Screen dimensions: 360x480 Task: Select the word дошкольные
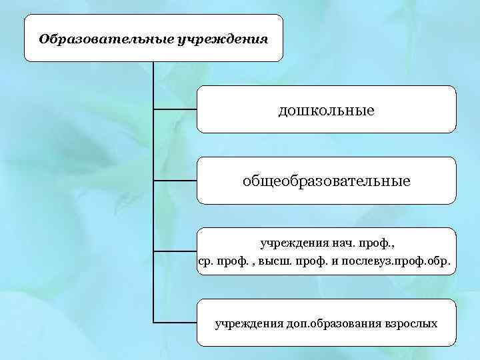point(326,109)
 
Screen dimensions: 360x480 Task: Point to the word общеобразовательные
point(326,180)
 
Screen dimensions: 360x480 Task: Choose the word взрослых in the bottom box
point(410,324)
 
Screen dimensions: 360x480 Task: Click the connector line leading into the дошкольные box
point(175,109)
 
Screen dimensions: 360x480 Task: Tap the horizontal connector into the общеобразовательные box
point(175,180)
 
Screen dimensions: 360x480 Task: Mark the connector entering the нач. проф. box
point(175,251)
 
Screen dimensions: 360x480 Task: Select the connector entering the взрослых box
point(175,323)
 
